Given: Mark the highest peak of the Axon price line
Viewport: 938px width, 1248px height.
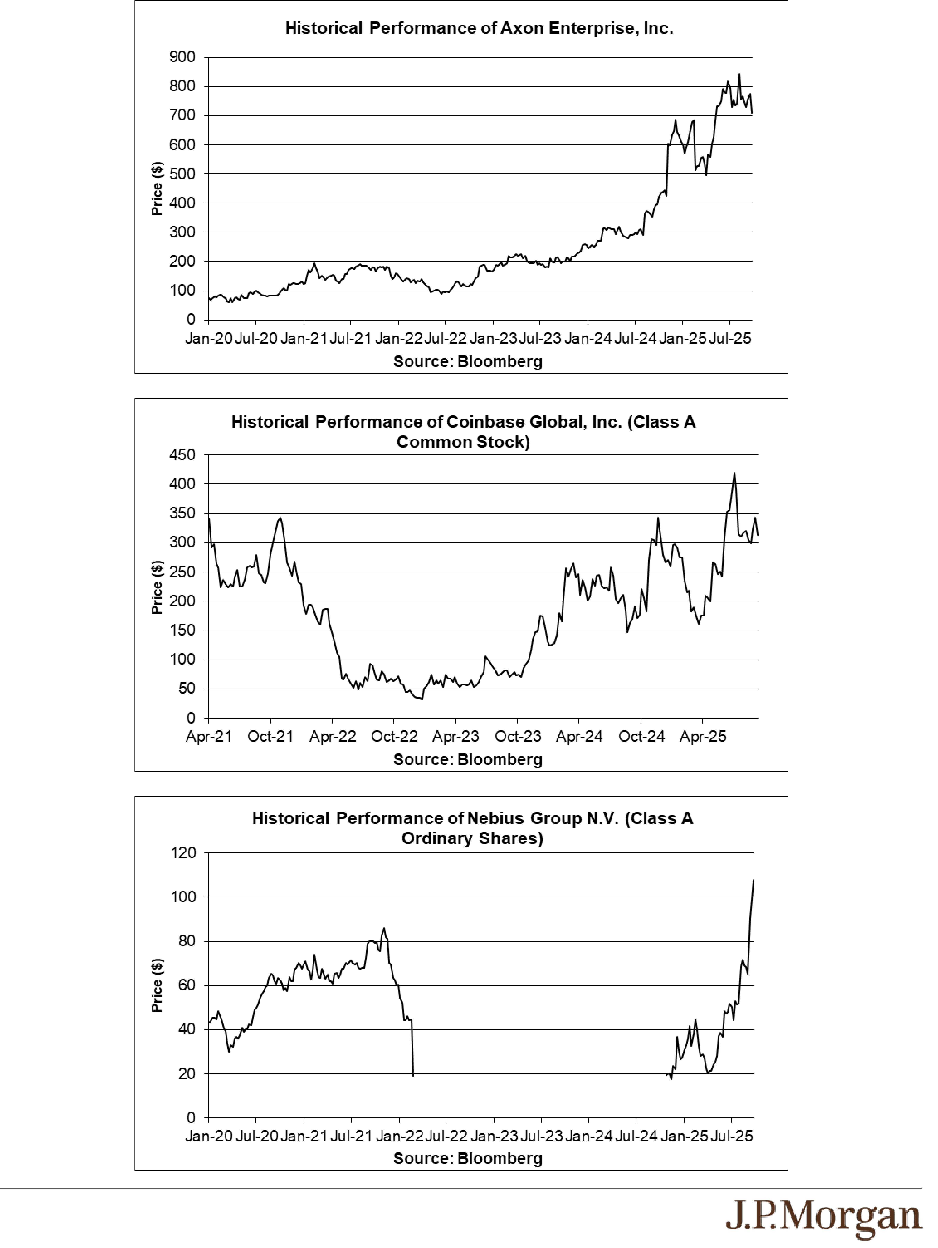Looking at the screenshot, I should tap(740, 74).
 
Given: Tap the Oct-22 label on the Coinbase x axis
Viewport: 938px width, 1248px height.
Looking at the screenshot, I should tap(394, 737).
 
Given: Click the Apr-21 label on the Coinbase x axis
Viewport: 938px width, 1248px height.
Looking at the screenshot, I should tap(209, 737).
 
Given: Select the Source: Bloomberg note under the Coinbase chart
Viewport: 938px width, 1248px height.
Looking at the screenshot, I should tap(468, 759).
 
